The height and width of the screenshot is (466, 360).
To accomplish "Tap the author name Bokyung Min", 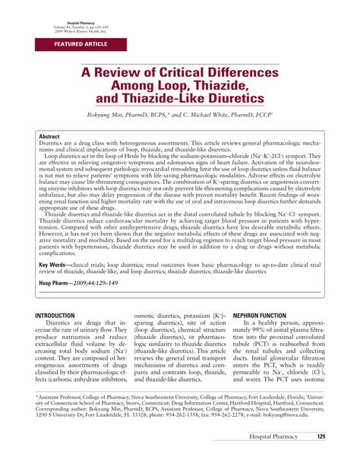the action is (122, 116).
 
